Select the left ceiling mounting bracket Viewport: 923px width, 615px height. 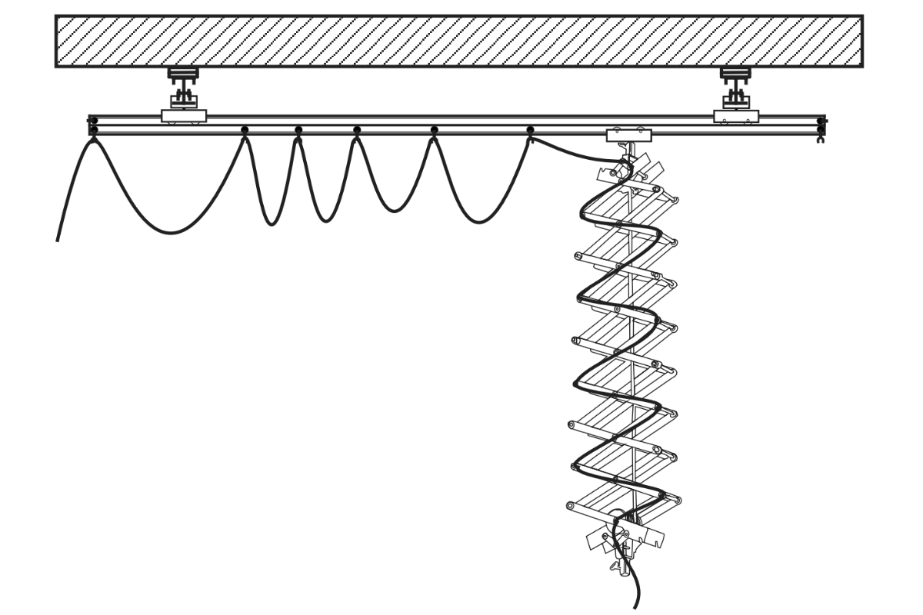point(183,85)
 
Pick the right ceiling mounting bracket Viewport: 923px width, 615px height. point(735,85)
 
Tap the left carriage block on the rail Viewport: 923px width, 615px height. point(184,115)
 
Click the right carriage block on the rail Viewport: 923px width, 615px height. point(736,116)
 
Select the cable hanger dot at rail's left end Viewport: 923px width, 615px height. point(94,130)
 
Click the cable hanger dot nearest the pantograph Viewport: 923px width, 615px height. point(530,130)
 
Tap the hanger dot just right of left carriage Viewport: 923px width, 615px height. point(245,130)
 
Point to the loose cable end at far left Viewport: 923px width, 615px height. point(58,238)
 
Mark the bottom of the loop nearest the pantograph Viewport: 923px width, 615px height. point(478,222)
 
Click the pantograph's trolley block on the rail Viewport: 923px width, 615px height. point(630,135)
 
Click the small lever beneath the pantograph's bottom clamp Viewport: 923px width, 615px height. point(615,567)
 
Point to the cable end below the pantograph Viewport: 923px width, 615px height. point(635,603)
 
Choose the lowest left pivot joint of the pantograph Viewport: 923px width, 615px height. point(571,505)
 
